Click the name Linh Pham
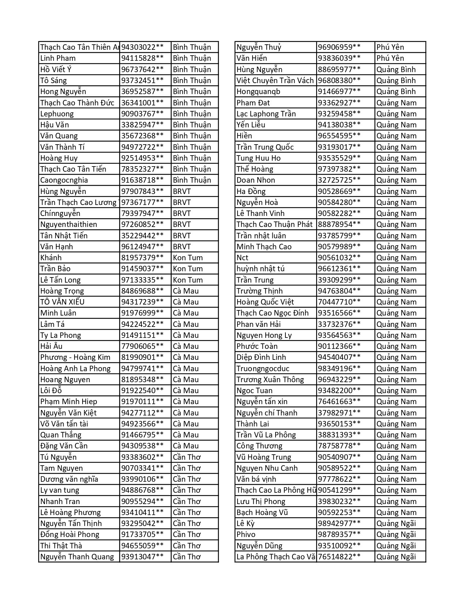click(x=58, y=58)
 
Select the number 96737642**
click(x=143, y=69)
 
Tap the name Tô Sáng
click(x=53, y=81)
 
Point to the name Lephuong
click(x=57, y=113)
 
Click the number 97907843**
click(x=143, y=191)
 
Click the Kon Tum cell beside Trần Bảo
click(x=188, y=269)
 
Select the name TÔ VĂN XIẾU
click(x=62, y=302)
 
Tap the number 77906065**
click(x=143, y=346)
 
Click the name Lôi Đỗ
click(x=51, y=391)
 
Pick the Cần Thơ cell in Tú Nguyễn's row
click(x=187, y=457)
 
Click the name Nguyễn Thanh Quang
click(x=77, y=557)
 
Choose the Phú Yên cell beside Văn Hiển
click(x=390, y=58)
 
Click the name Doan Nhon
click(x=256, y=180)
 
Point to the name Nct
click(x=242, y=258)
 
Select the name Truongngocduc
click(x=263, y=369)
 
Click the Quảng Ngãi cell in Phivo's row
click(x=396, y=534)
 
